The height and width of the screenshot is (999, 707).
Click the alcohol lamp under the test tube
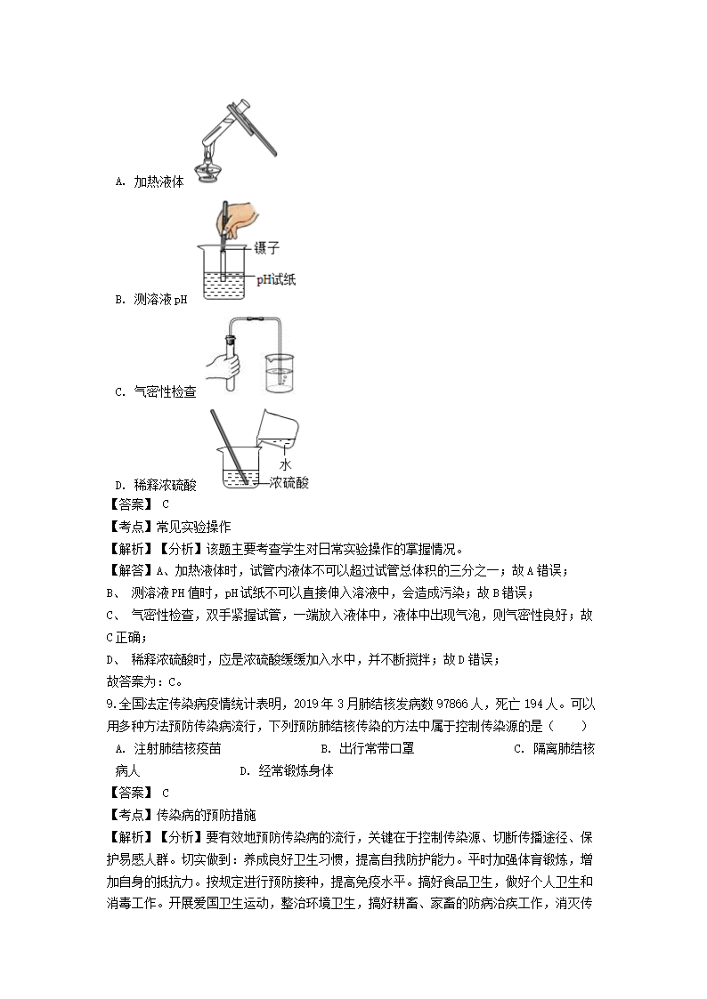(210, 168)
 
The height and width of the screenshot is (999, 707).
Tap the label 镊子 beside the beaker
(267, 248)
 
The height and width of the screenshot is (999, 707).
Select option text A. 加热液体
(150, 181)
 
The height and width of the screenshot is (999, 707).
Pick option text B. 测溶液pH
(151, 300)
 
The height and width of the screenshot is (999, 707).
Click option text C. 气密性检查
(156, 391)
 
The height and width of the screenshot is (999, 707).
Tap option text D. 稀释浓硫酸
(156, 485)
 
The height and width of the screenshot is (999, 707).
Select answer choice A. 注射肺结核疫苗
(168, 749)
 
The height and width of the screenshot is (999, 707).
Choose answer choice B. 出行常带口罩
(367, 749)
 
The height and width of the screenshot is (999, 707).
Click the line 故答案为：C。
(143, 682)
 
